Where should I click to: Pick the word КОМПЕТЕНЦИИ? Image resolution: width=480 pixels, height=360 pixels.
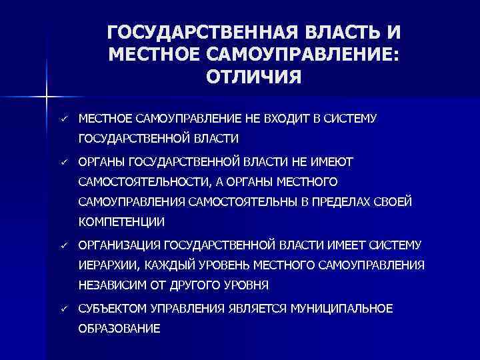pos(121,221)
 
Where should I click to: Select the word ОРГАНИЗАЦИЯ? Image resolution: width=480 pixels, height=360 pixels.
pos(119,245)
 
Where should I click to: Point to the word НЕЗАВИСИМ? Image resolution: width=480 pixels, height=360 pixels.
pos(109,285)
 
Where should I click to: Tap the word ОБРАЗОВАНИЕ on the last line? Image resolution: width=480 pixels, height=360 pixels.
pos(119,329)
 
